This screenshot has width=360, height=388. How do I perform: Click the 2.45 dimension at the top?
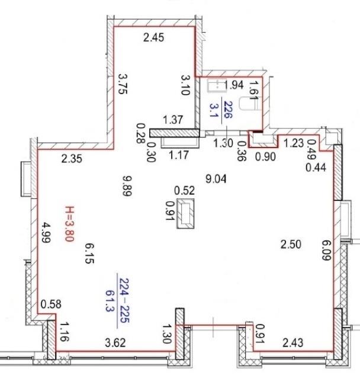click(x=153, y=37)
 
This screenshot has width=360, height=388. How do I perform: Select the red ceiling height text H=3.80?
click(x=69, y=224)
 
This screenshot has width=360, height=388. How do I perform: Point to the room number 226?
click(x=228, y=110)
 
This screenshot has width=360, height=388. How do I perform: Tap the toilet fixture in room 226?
click(x=250, y=104)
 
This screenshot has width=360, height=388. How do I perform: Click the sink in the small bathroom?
click(x=217, y=85)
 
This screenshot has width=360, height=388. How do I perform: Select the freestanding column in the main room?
click(x=185, y=213)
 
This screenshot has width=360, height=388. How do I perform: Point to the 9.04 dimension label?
click(x=216, y=179)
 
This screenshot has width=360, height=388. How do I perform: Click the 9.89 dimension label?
click(x=127, y=186)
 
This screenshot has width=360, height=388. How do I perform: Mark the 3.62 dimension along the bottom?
click(x=115, y=343)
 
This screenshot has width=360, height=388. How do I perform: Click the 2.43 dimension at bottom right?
click(x=293, y=343)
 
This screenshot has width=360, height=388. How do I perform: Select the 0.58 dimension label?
click(x=51, y=304)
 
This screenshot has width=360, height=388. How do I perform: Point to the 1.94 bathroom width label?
click(x=233, y=85)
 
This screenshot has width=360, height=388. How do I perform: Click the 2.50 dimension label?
click(x=291, y=244)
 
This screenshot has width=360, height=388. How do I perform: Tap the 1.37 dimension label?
click(x=173, y=120)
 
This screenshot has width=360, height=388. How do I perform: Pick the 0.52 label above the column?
click(x=185, y=191)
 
